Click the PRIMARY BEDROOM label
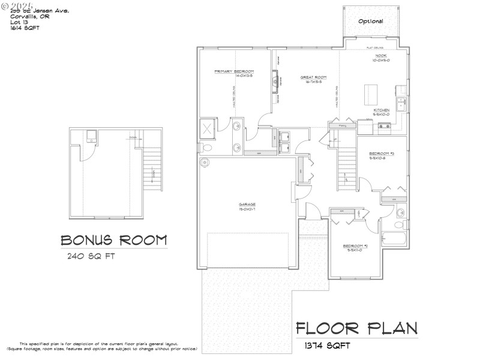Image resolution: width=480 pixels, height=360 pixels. coord(235,71)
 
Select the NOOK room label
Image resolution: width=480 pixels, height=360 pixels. coord(381,56)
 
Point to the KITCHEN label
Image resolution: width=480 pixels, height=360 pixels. coord(382,110)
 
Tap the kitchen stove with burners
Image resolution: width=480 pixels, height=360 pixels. coord(384,126)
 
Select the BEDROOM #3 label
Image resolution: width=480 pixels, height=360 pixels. coord(381,154)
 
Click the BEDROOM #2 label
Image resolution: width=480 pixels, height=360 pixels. coord(355,246)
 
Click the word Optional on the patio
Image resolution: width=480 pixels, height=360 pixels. coord(370,21)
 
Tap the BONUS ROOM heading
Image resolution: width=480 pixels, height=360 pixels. coord(113,240)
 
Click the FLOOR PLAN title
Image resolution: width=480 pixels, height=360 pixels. coord(357,329)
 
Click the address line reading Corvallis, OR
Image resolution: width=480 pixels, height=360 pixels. coord(30,17)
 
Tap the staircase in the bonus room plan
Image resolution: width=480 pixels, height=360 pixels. coord(153,170)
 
